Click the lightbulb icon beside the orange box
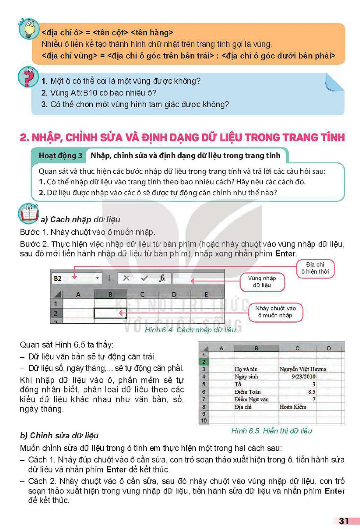[28, 28]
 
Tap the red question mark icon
[28, 77]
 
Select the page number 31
[344, 521]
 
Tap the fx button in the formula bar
[162, 278]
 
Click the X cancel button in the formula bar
[126, 278]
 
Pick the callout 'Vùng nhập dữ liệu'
[262, 282]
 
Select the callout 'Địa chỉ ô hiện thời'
[315, 268]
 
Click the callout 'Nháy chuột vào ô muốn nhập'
[275, 312]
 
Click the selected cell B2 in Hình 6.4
[110, 313]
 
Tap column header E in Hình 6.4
[206, 294]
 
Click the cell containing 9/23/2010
[297, 376]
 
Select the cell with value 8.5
[297, 391]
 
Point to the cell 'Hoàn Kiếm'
[297, 407]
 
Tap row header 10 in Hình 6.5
[204, 421]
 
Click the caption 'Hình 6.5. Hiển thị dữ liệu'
[271, 431]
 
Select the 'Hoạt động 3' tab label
[60, 155]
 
